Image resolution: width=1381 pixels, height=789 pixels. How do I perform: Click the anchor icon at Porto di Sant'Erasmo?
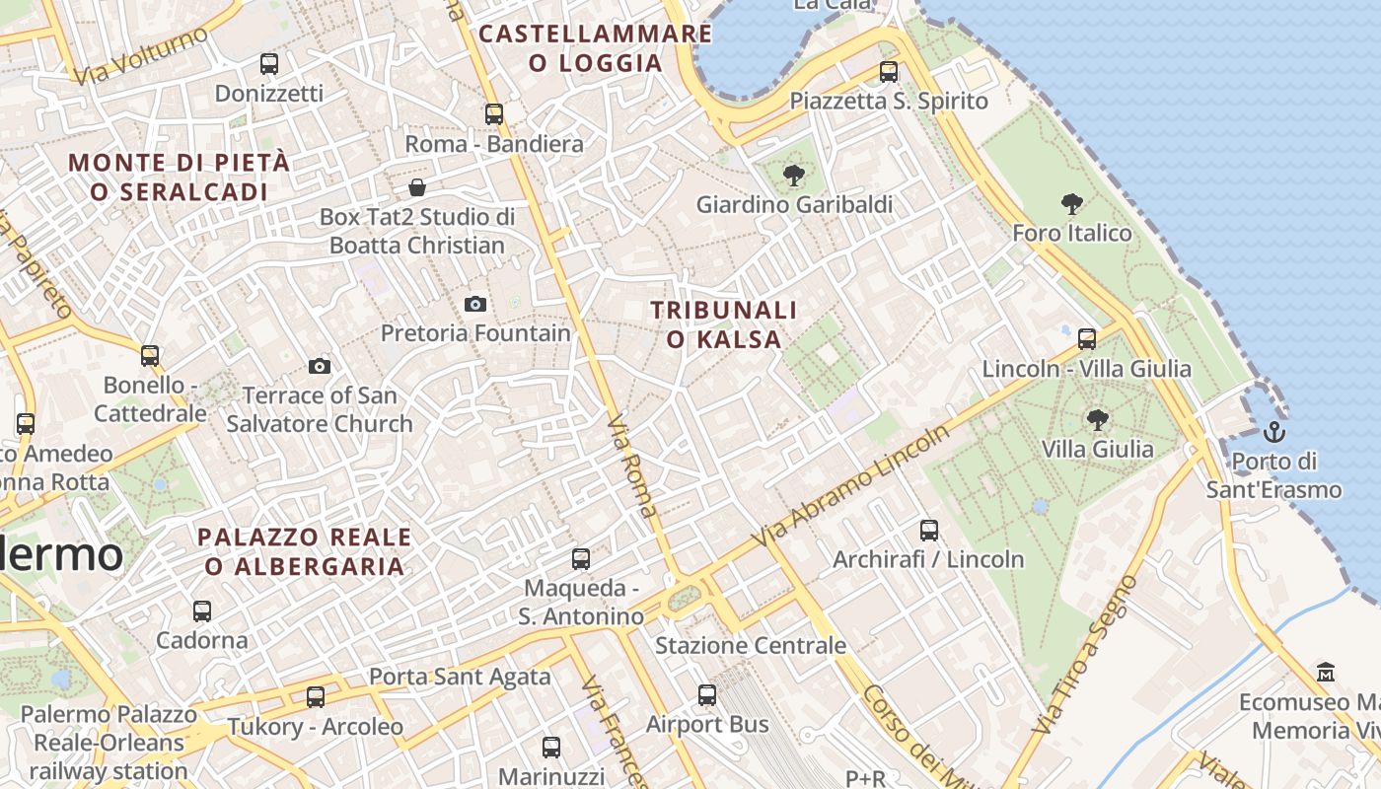tap(1274, 431)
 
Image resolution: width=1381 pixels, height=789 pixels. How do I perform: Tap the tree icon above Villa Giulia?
tap(1097, 420)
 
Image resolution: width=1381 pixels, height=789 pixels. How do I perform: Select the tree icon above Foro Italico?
tap(1071, 204)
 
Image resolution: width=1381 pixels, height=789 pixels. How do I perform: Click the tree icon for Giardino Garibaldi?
tap(793, 176)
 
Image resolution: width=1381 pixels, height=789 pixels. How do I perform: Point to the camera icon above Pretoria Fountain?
tap(475, 304)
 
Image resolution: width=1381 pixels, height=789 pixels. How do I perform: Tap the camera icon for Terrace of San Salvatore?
tap(320, 366)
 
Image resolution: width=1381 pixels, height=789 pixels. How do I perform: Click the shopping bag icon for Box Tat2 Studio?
tap(417, 187)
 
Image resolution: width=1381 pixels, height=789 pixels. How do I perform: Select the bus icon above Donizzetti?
tap(268, 64)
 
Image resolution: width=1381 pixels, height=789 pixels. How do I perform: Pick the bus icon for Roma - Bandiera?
tap(494, 114)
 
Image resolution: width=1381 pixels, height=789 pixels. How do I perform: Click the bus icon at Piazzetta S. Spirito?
tap(889, 72)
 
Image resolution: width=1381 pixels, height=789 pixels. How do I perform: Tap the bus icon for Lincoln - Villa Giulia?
tap(1087, 339)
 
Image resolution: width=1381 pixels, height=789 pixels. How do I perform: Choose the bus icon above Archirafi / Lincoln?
tap(929, 531)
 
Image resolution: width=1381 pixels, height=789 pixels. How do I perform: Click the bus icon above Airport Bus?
tap(707, 695)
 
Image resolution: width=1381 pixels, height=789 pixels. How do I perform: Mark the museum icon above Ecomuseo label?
tap(1326, 673)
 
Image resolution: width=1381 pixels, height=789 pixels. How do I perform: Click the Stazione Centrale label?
tap(751, 646)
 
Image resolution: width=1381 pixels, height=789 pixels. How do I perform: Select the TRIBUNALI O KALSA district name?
tap(724, 324)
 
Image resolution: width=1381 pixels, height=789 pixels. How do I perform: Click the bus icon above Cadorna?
tap(202, 611)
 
